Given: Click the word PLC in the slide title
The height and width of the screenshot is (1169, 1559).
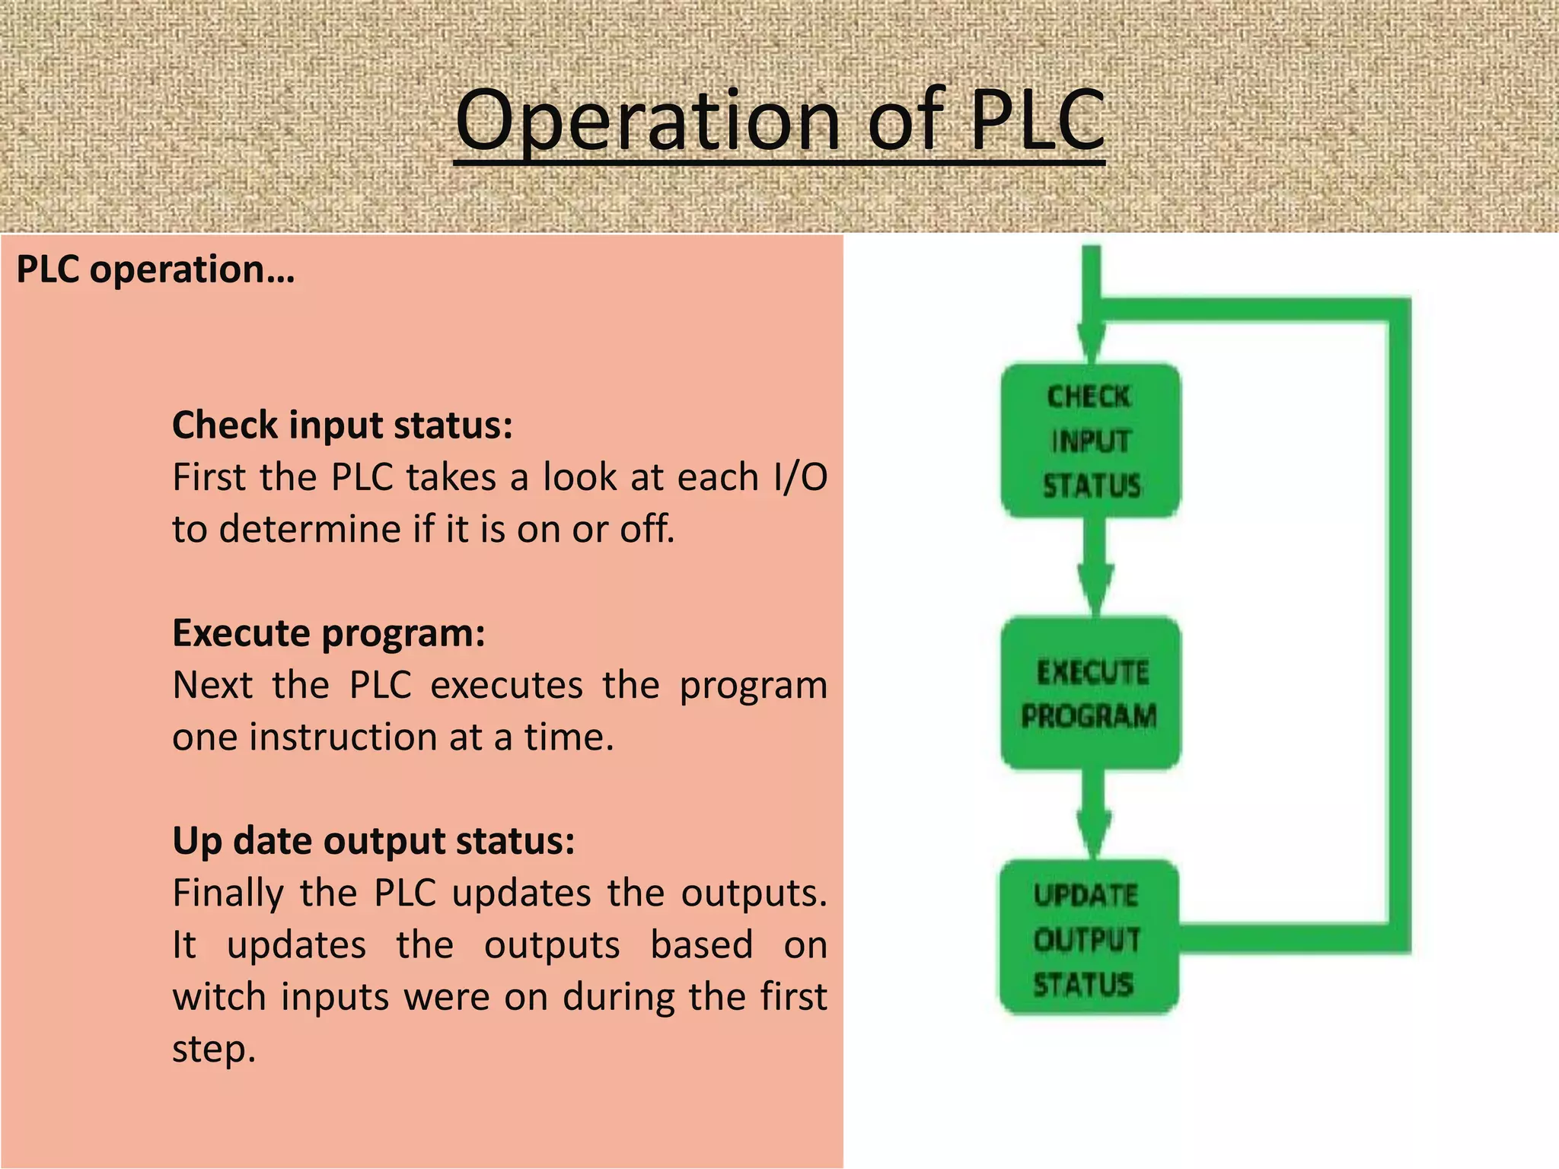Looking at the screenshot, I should (x=1037, y=120).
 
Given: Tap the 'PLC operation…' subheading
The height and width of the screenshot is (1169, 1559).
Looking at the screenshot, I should (x=155, y=269).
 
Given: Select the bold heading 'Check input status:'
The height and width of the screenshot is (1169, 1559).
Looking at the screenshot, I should (x=343, y=425).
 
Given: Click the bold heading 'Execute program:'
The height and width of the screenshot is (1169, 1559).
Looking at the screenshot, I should (x=329, y=633).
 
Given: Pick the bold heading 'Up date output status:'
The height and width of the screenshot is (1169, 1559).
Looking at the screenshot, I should (x=374, y=841).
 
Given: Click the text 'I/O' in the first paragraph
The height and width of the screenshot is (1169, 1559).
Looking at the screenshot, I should (x=799, y=478).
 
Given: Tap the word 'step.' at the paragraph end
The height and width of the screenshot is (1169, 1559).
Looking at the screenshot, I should (x=214, y=1050).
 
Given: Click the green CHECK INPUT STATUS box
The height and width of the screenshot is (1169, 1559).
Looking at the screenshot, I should (x=1090, y=441).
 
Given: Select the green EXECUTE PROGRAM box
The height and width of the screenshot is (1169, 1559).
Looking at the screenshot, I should (x=1090, y=693).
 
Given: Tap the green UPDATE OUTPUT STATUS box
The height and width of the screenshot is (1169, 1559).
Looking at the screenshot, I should (x=1089, y=938).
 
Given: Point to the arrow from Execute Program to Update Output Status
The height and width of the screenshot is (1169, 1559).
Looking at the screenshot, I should (x=1094, y=814).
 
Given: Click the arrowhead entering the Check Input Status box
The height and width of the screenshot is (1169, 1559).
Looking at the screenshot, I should (x=1092, y=342).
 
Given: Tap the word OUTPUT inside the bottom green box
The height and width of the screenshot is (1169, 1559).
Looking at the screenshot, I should (x=1087, y=940).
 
